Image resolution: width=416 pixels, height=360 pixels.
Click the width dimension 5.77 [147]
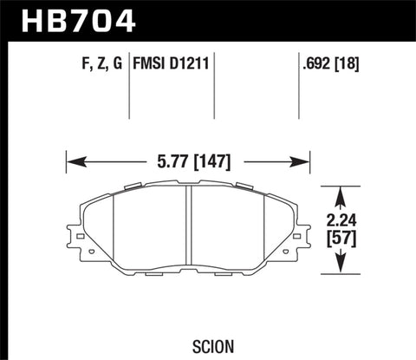tap(187, 160)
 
